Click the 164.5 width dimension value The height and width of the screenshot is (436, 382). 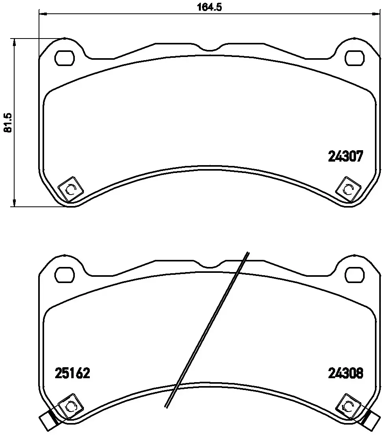coord(209,7)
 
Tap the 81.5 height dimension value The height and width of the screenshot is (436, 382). coord(7,122)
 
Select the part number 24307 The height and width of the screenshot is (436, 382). coord(345,156)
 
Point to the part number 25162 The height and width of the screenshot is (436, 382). coord(72,373)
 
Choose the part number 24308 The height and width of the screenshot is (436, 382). coord(345,373)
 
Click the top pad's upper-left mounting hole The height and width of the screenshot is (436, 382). coord(65,58)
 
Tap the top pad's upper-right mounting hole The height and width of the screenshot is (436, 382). coord(355,58)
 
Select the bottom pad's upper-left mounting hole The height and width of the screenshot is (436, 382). coord(65,275)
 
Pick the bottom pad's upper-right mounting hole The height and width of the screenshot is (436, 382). coord(355,275)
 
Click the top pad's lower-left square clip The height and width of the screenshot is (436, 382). coord(70,189)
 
